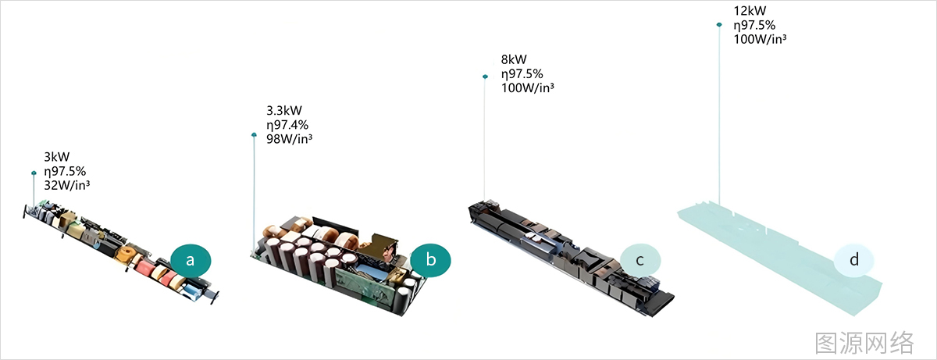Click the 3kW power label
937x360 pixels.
(x=57, y=157)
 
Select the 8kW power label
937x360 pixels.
(x=514, y=59)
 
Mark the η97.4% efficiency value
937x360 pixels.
(x=287, y=124)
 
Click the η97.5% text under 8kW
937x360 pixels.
(x=522, y=73)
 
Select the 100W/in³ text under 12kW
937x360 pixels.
(x=760, y=39)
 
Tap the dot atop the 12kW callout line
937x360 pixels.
(x=719, y=25)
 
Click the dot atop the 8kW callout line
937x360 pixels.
(x=485, y=77)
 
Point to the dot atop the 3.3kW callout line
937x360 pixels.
(x=254, y=135)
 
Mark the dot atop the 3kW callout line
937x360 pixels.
(x=34, y=173)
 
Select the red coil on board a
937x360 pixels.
(x=146, y=268)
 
